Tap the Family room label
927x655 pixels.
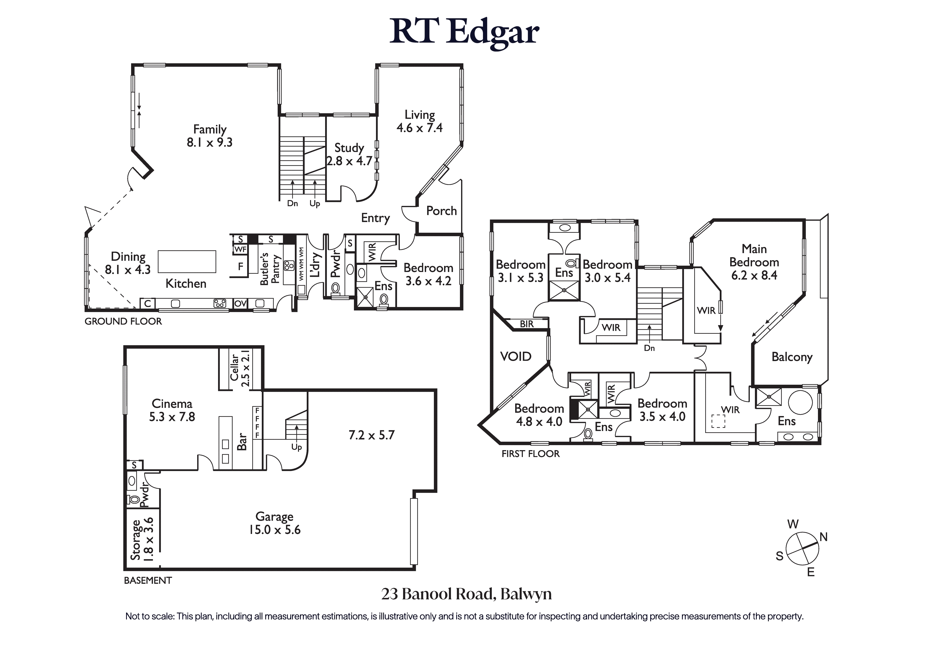[210, 129]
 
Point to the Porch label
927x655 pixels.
[441, 211]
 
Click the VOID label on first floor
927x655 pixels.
[516, 356]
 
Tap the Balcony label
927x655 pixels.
[791, 357]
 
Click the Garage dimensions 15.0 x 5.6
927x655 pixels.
[275, 530]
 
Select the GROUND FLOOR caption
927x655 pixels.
[123, 321]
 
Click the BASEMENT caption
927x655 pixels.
[148, 580]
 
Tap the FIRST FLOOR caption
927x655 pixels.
[531, 454]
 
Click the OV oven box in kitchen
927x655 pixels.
[241, 303]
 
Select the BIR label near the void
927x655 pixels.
[527, 324]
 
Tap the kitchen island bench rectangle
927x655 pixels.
[187, 262]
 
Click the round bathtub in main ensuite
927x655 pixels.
[800, 402]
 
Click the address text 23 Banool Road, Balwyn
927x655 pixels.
[466, 594]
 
